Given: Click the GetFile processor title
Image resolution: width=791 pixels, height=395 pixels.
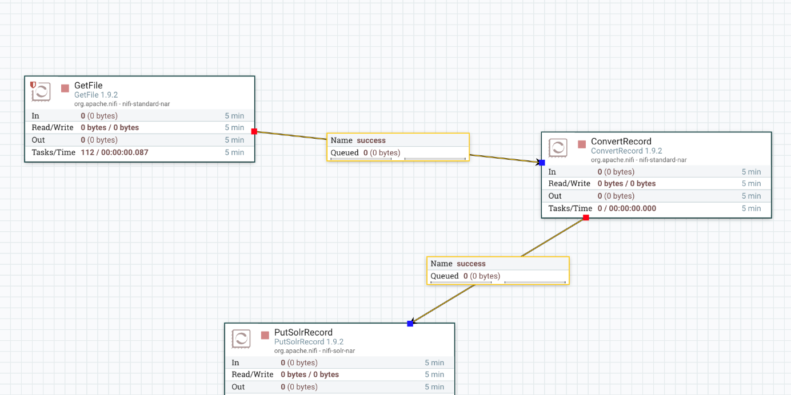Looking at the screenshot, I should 88,86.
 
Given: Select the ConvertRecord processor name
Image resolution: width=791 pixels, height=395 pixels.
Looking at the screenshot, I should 621,142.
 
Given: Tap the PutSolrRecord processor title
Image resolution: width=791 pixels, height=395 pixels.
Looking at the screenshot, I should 303,332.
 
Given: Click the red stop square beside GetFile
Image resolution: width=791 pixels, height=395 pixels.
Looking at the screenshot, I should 65,88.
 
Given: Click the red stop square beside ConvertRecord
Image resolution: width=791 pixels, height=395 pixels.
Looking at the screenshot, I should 582,144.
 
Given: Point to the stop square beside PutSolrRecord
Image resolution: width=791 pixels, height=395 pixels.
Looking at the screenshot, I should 265,335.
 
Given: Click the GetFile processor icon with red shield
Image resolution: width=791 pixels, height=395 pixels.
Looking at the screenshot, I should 40,91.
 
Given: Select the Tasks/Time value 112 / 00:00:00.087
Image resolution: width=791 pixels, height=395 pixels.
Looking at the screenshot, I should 114,152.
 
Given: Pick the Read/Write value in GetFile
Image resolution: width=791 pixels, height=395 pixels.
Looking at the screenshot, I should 110,128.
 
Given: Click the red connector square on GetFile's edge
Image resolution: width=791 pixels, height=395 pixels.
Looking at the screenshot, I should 254,131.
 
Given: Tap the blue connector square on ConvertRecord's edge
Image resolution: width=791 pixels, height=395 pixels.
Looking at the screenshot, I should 542,163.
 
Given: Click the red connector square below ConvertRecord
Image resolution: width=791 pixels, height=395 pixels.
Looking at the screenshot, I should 586,217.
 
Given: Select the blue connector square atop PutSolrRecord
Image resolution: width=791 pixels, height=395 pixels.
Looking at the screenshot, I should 410,324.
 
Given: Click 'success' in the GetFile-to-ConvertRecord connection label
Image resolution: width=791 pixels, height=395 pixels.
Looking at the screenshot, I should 371,140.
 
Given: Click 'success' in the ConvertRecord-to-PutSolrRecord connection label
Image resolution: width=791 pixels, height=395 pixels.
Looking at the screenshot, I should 471,264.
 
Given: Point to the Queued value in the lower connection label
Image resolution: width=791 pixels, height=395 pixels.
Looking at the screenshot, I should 481,276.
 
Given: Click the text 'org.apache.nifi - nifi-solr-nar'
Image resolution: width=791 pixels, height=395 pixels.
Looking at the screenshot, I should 314,350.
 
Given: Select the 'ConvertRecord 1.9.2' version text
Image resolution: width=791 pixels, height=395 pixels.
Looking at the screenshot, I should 626,151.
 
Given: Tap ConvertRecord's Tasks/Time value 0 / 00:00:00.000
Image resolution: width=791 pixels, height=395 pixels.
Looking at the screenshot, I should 626,208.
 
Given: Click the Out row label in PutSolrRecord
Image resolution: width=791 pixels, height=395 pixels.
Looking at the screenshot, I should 238,387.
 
